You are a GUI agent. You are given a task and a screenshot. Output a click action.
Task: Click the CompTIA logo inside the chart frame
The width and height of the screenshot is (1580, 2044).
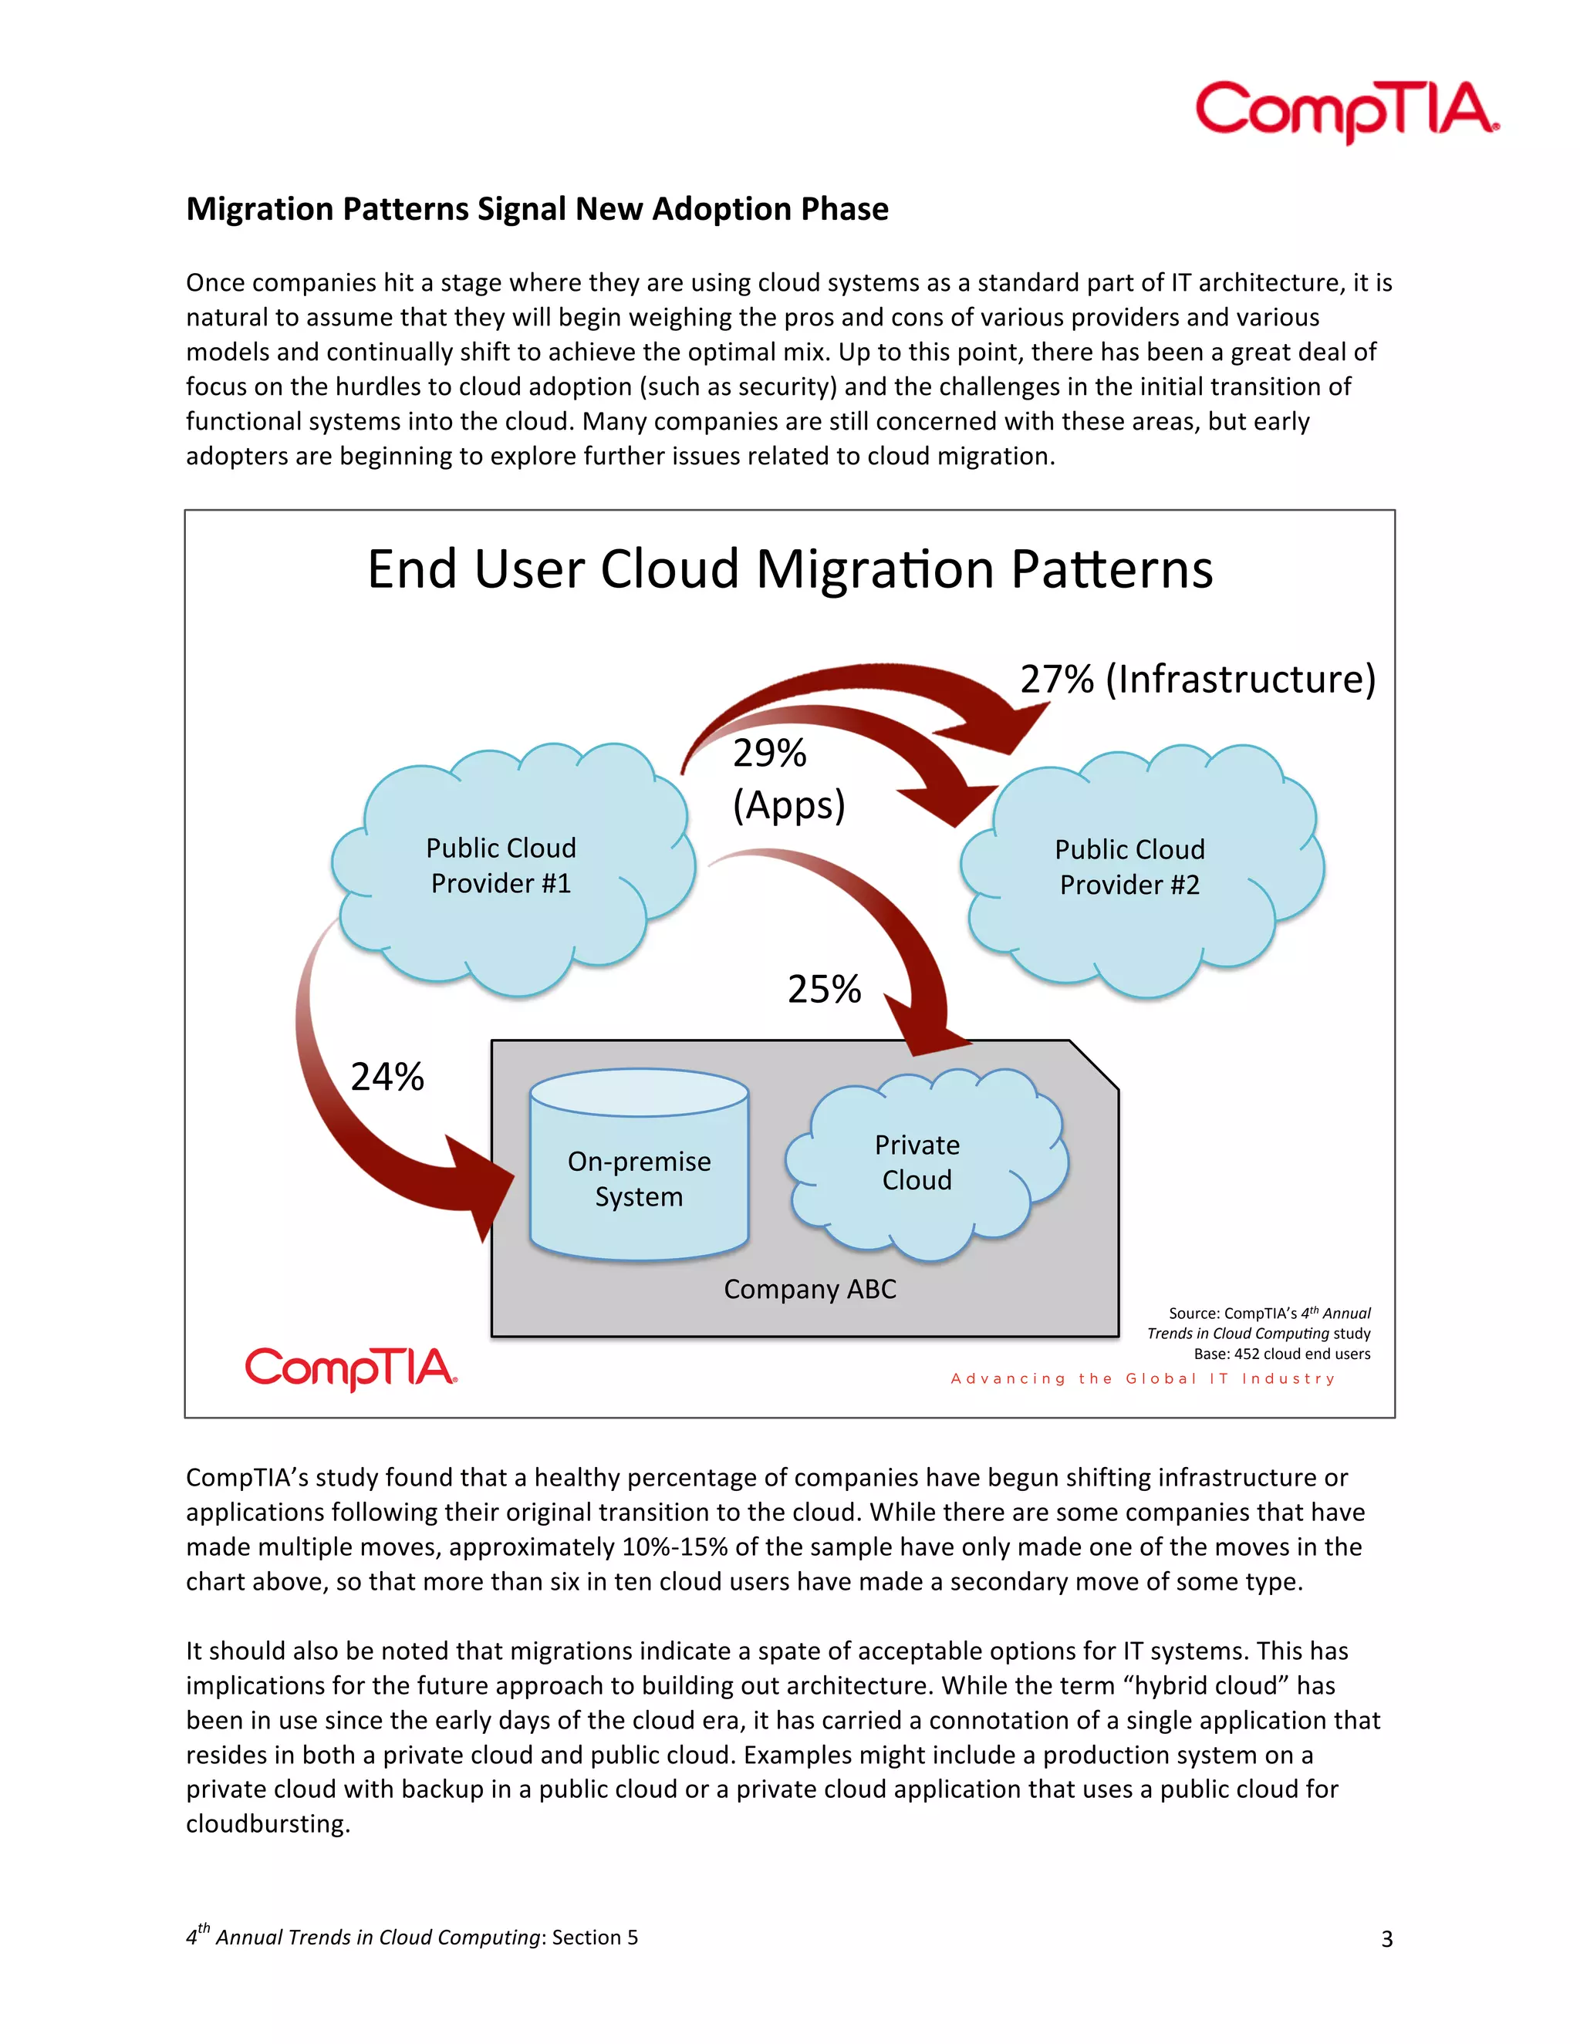(x=351, y=1368)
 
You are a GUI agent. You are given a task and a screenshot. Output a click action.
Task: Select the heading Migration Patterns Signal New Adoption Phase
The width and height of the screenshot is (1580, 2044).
(x=537, y=209)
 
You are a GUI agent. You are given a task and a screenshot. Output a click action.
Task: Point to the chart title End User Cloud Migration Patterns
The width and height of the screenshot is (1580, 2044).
(x=789, y=569)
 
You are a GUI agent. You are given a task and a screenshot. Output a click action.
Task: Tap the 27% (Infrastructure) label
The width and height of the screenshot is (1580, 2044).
(x=1197, y=679)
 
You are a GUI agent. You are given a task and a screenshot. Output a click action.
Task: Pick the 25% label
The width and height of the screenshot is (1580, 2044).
(x=824, y=990)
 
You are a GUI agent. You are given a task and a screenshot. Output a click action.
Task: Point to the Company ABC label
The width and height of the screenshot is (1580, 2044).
(x=809, y=1290)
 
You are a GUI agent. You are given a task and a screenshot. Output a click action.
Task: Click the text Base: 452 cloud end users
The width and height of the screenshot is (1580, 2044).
(x=1281, y=1354)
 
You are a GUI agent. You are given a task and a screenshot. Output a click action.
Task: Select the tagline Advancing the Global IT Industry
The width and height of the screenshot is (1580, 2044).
(x=1143, y=1378)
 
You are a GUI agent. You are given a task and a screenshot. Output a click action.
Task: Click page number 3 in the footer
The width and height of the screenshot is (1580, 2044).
(x=1386, y=1939)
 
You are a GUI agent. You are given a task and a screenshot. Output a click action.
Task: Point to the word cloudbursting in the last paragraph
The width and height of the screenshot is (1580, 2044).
(x=267, y=1824)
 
